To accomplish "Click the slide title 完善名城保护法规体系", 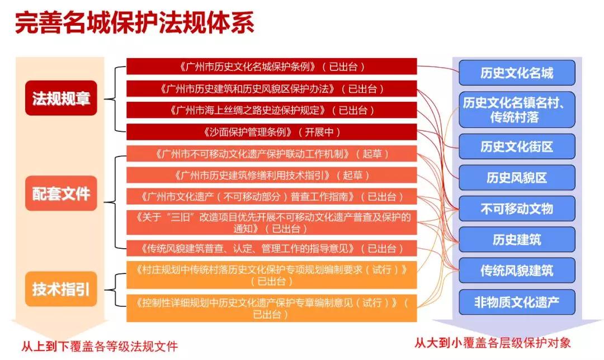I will pyautogui.click(x=135, y=23).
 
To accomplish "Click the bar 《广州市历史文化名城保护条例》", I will pyautogui.click(x=272, y=67).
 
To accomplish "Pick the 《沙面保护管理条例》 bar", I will pyautogui.click(x=272, y=132).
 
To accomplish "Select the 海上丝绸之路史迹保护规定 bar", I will pyautogui.click(x=272, y=110).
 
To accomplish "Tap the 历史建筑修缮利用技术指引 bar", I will pyautogui.click(x=272, y=176).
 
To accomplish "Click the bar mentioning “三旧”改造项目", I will pyautogui.click(x=272, y=222).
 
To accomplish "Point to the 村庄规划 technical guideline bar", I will pyautogui.click(x=272, y=274).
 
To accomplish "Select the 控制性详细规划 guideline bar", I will pyautogui.click(x=272, y=308).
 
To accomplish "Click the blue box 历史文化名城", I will pyautogui.click(x=516, y=73).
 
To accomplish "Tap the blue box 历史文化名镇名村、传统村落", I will pyautogui.click(x=516, y=110).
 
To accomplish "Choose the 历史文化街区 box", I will pyautogui.click(x=516, y=146).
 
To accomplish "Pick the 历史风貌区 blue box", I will pyautogui.click(x=516, y=178).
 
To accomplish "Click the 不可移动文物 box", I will pyautogui.click(x=516, y=209).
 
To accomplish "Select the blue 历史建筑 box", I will pyautogui.click(x=516, y=240).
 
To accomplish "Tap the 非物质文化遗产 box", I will pyautogui.click(x=516, y=302).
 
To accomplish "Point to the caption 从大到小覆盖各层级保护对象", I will pyautogui.click(x=493, y=342).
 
